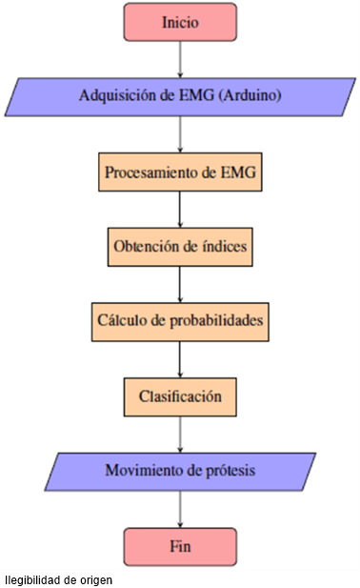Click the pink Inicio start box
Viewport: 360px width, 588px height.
(x=180, y=22)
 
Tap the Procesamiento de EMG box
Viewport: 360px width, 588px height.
(x=180, y=172)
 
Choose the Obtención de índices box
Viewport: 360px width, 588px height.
(x=180, y=246)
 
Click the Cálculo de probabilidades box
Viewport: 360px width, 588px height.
(x=180, y=321)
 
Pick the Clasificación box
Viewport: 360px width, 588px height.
(x=180, y=395)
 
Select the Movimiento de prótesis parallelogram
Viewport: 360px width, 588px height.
(x=180, y=471)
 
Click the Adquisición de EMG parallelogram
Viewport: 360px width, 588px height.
(x=180, y=97)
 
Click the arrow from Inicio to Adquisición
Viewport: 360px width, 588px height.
(x=180, y=59)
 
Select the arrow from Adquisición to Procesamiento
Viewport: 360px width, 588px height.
(x=180, y=134)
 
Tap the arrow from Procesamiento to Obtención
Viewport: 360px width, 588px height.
(x=180, y=210)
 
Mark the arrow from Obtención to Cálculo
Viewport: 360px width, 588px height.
(x=180, y=284)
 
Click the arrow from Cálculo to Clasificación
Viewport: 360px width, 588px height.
(x=180, y=358)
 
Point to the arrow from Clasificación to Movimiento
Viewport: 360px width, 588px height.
(x=180, y=434)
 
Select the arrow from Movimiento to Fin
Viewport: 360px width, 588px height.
(x=180, y=508)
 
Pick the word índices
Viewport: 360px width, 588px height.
(x=225, y=246)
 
